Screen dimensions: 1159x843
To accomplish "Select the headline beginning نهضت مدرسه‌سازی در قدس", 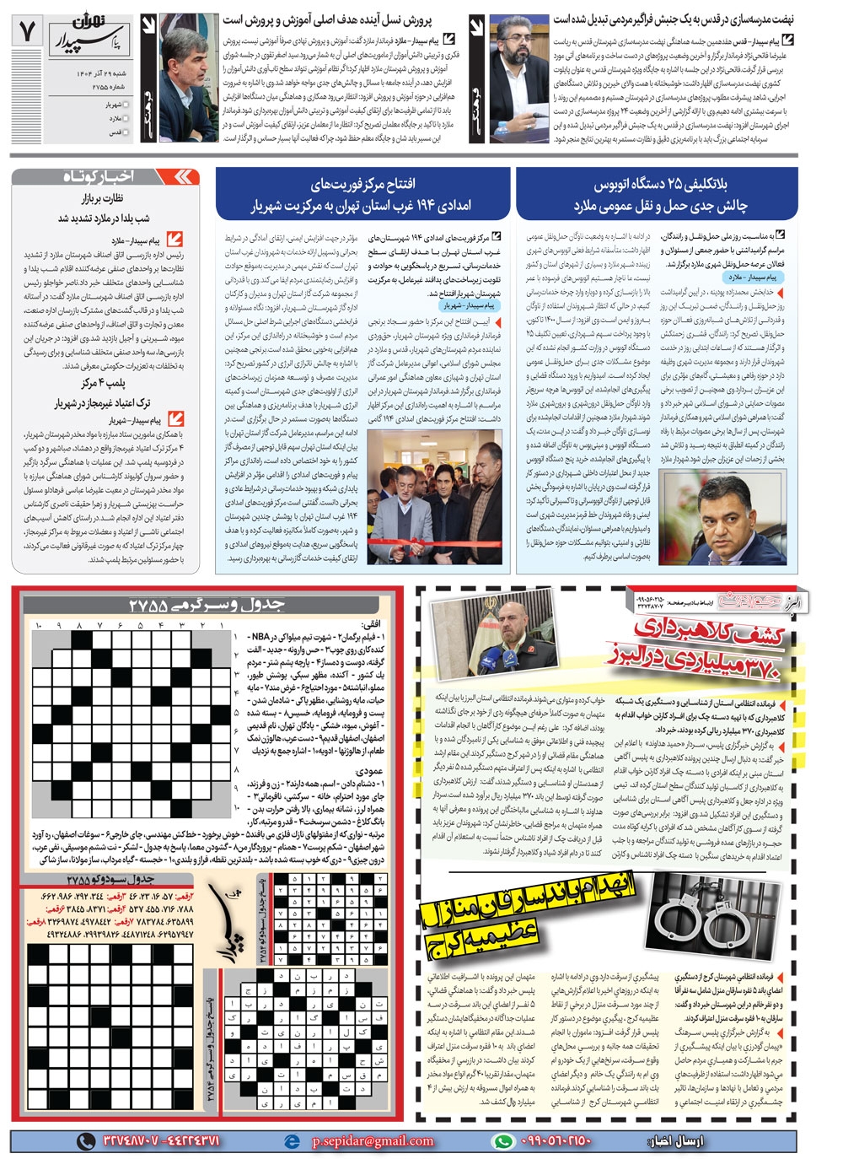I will click(674, 19).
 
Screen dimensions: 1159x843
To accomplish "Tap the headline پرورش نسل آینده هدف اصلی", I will click(328, 19).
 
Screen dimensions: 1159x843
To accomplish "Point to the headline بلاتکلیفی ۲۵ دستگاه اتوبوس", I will click(661, 184).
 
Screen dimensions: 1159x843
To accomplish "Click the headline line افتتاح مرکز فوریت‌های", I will click(362, 184).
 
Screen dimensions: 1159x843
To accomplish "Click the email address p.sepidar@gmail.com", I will click(373, 1140).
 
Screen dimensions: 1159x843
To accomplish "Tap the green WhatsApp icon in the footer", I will click(503, 1140).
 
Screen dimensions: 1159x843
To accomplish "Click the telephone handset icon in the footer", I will click(86, 1140).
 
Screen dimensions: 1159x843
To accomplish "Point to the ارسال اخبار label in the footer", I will click(674, 1140).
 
